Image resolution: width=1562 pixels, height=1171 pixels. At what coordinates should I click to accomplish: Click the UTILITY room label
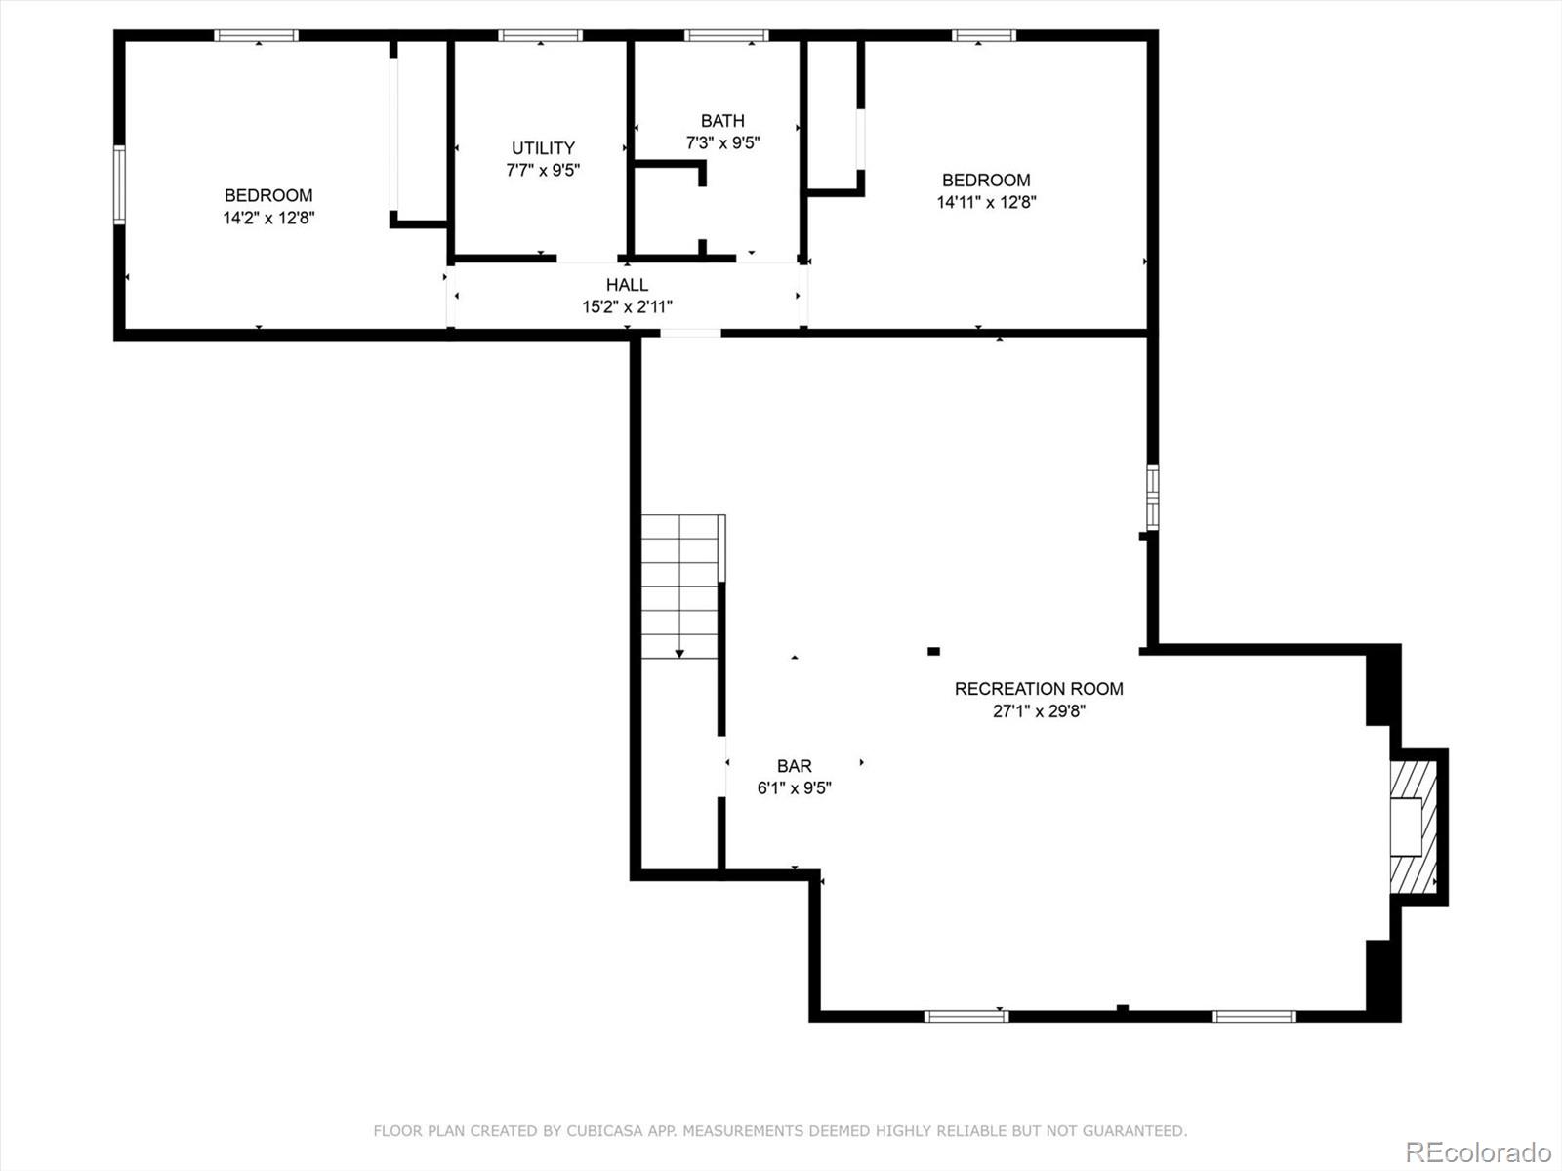click(543, 148)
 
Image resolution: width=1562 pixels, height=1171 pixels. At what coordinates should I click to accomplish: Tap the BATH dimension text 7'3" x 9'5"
click(722, 142)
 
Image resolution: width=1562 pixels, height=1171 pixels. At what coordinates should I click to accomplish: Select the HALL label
click(627, 285)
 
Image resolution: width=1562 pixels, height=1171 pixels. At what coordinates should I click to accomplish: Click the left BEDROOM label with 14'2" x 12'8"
click(268, 195)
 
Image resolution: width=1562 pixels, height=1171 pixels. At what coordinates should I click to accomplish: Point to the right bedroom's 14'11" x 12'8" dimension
click(986, 203)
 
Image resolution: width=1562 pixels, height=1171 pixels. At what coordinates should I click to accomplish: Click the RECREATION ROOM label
click(1039, 689)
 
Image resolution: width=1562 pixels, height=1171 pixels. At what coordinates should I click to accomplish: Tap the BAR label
click(795, 767)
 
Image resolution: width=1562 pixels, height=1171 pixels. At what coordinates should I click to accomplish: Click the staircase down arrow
click(679, 652)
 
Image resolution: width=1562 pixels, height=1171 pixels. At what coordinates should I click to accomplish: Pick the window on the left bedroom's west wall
click(120, 185)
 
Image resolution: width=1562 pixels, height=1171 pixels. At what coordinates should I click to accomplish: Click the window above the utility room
click(540, 36)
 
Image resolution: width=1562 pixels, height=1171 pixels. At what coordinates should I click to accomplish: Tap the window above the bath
click(726, 36)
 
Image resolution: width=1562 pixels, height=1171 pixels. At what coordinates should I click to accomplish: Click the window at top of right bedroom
click(984, 36)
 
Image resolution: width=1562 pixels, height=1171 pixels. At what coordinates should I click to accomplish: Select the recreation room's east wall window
click(1153, 498)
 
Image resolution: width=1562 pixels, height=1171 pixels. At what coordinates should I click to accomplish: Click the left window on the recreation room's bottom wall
click(966, 1016)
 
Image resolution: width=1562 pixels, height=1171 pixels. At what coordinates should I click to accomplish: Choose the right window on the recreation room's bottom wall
click(1254, 1016)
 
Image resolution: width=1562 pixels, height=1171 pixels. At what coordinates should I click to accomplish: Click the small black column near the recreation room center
click(933, 651)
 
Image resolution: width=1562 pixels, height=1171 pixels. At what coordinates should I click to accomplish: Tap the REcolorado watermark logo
click(1477, 1151)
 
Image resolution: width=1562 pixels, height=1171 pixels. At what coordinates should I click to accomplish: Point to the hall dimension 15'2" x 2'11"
click(627, 307)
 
